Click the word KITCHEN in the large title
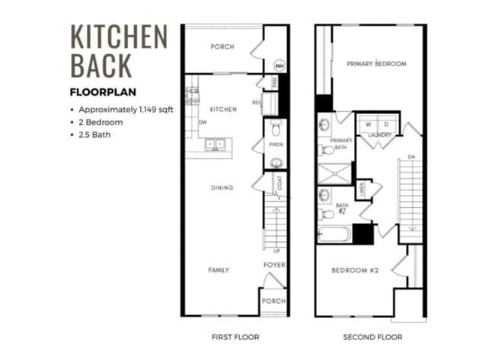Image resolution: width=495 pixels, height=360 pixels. click(118, 37)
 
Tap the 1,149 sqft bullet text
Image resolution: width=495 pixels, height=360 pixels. click(126, 109)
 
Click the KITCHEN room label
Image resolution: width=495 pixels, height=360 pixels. click(223, 109)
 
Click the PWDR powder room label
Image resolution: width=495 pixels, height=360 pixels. click(276, 143)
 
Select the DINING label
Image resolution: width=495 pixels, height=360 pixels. click(222, 187)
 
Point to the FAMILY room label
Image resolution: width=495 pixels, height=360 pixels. click(219, 270)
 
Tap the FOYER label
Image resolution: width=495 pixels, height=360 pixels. click(274, 266)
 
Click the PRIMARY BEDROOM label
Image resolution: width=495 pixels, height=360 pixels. click(376, 63)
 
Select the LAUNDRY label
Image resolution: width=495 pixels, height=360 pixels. click(379, 135)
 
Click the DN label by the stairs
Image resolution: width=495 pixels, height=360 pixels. click(412, 158)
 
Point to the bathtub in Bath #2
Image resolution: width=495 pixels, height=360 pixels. click(334, 234)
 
